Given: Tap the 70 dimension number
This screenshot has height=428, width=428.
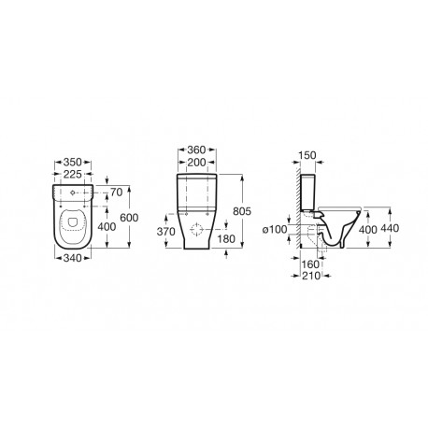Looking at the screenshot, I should tap(116, 192).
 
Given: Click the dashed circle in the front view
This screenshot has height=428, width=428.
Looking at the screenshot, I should tap(195, 231).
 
